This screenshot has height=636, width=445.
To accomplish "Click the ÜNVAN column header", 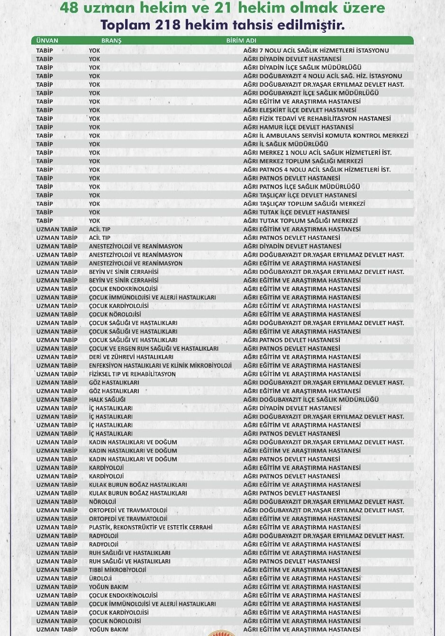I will [47, 41].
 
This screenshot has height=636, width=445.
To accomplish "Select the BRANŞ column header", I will [111, 41].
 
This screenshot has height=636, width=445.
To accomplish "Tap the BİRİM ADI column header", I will [241, 41].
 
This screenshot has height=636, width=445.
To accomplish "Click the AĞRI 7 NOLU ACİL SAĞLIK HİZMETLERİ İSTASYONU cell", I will [316, 50].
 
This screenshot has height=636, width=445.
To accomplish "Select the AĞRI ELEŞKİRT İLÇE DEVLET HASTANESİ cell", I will [300, 110].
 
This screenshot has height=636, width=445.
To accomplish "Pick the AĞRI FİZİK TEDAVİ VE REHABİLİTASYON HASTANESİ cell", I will [317, 118].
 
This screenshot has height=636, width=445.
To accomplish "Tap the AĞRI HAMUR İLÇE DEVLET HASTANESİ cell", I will [298, 127].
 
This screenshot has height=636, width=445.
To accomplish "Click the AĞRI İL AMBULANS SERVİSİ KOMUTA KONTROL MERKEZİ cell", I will [326, 136].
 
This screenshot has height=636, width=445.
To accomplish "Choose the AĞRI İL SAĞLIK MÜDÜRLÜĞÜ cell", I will [286, 144].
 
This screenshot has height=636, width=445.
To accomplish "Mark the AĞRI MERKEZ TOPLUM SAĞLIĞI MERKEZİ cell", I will [303, 161].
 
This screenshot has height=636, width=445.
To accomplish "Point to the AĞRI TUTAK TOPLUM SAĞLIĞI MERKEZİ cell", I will [300, 221].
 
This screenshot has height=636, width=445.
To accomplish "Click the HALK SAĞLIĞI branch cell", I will [107, 400].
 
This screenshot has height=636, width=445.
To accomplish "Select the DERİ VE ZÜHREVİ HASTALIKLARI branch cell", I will [131, 357].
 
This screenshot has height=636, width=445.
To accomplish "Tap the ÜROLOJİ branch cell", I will [100, 578].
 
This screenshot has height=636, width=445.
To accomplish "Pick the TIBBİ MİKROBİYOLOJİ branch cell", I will [118, 570].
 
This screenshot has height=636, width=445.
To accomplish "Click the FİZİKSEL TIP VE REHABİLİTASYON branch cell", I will [132, 374].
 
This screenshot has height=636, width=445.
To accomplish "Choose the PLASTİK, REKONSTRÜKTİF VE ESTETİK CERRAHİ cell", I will [151, 527].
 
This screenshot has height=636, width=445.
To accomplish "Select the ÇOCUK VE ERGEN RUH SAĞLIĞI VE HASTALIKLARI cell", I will [154, 348].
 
